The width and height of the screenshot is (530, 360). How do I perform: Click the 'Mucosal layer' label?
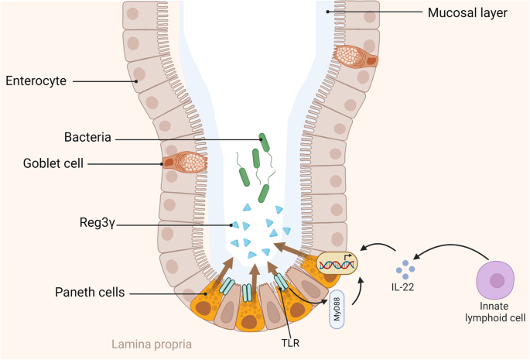[467, 12]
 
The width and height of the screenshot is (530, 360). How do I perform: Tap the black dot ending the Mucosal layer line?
[328, 12]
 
